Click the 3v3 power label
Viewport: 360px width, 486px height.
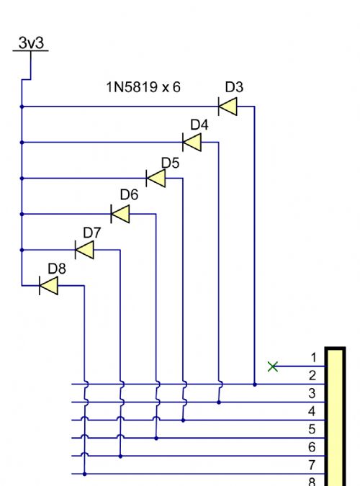(x=31, y=42)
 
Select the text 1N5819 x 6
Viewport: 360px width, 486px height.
(x=143, y=87)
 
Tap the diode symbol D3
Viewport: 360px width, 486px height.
(x=228, y=107)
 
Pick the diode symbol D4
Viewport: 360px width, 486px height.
(x=192, y=143)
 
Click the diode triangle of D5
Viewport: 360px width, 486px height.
(x=156, y=179)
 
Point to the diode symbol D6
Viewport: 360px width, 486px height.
(x=120, y=214)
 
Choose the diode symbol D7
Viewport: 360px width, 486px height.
(x=85, y=250)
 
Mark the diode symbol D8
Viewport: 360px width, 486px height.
(x=49, y=285)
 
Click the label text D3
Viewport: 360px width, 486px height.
(x=234, y=87)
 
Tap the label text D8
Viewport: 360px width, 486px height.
(x=57, y=269)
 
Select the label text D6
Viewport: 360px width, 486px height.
(x=129, y=194)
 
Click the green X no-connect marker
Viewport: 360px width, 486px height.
(x=273, y=366)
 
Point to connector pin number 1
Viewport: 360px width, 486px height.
(x=314, y=358)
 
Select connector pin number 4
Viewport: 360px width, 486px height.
(x=312, y=411)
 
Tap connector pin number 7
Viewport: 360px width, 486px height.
(x=312, y=465)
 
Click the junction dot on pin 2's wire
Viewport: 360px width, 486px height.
(x=255, y=384)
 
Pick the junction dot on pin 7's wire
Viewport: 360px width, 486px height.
(x=85, y=474)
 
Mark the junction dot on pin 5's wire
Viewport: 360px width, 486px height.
(x=156, y=438)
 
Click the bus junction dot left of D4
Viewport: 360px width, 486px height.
(x=22, y=143)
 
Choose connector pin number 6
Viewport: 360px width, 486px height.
(x=312, y=447)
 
